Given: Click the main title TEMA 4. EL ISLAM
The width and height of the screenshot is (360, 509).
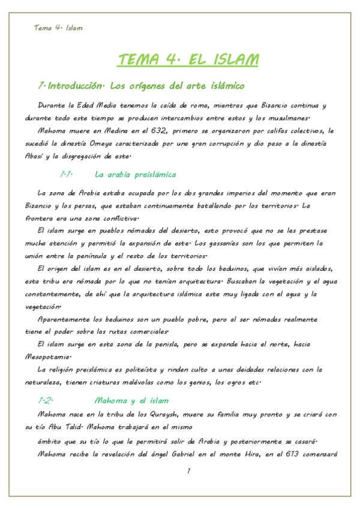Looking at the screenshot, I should pos(188,60).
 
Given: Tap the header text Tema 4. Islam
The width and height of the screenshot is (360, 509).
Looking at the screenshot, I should pos(58,28).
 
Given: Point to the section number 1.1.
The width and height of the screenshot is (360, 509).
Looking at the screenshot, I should pos(66,174).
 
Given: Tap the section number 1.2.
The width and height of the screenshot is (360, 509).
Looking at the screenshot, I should pos(46,400).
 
